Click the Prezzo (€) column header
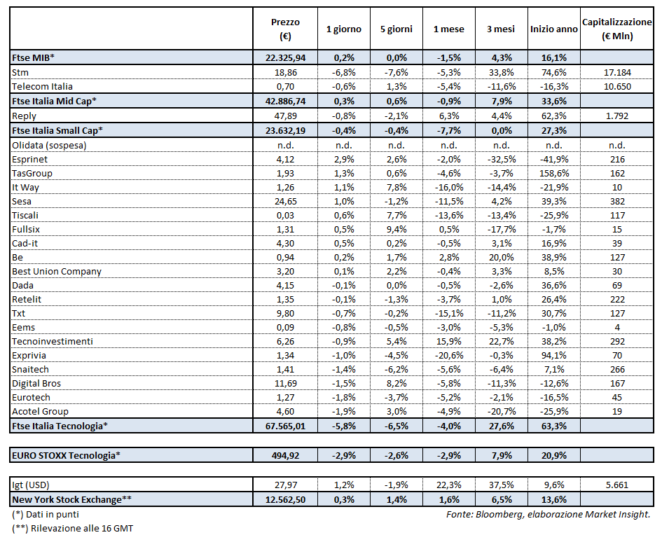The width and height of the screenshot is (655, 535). click(x=285, y=29)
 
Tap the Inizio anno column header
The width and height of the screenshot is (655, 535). click(x=553, y=29)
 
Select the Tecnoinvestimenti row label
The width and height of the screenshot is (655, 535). click(x=53, y=341)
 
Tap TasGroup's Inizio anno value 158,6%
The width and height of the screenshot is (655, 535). click(x=553, y=173)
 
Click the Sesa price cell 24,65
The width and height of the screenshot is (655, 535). click(x=285, y=201)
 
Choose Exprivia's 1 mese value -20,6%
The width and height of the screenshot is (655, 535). click(x=448, y=355)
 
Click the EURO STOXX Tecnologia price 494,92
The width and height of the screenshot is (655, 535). click(x=285, y=455)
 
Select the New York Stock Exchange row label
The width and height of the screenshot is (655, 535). click(x=72, y=499)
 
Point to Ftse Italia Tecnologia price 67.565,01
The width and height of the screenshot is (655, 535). click(x=285, y=426)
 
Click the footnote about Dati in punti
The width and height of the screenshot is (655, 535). click(x=46, y=515)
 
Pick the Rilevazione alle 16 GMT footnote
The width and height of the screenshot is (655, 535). click(x=72, y=528)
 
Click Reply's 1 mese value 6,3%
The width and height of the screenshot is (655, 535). click(x=448, y=115)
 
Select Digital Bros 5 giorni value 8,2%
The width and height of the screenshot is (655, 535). click(x=396, y=383)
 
